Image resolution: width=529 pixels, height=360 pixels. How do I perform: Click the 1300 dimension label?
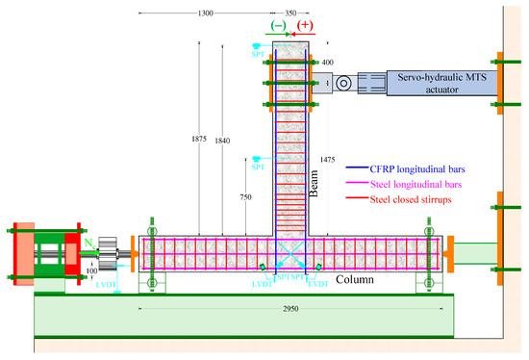tap(204, 14)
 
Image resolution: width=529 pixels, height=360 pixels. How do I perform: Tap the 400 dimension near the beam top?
tap(327, 63)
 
